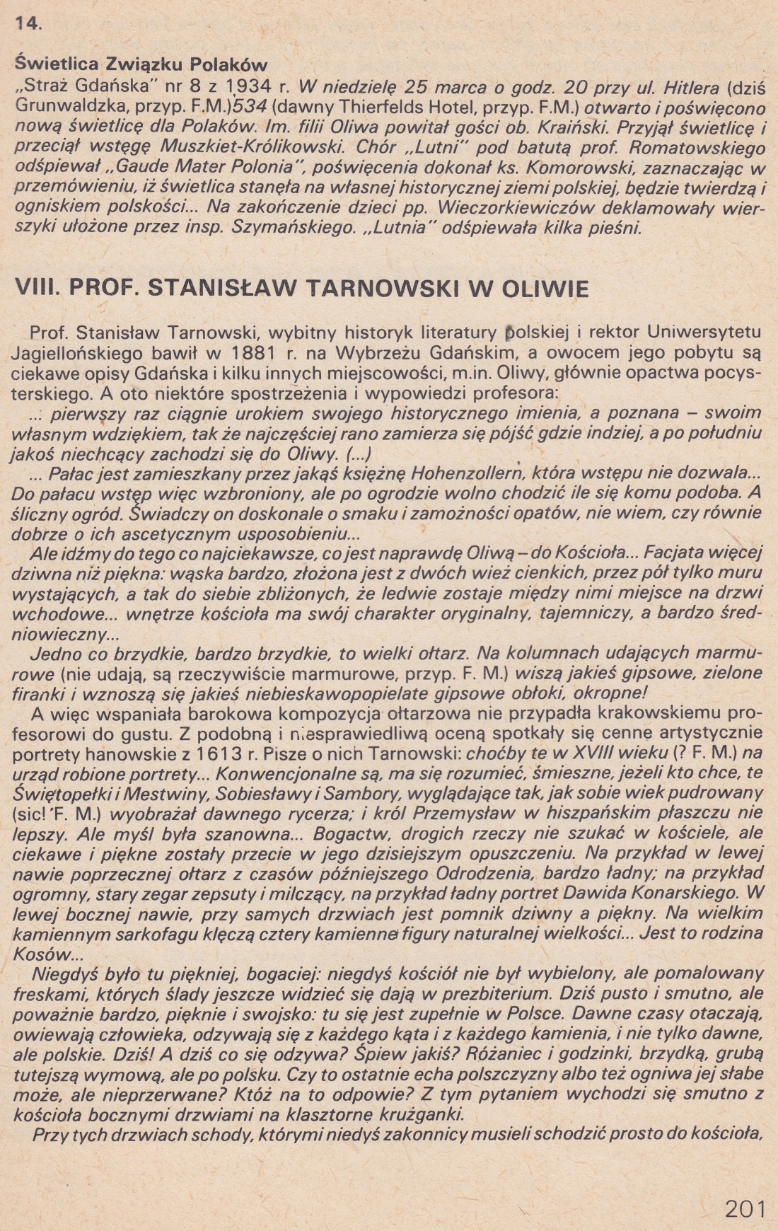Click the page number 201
(x=745, y=1208)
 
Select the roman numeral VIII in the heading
(x=35, y=289)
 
